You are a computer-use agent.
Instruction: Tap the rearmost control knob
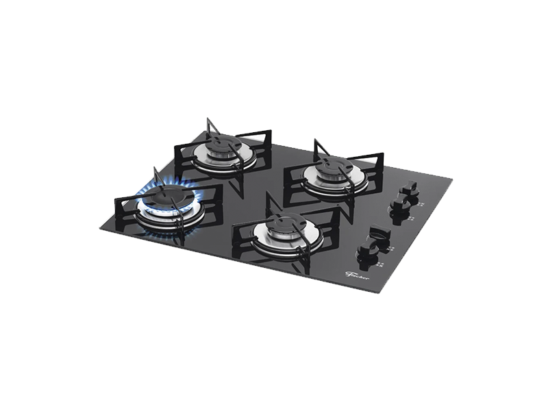point(410,186)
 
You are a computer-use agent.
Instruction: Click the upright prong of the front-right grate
point(269,200)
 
